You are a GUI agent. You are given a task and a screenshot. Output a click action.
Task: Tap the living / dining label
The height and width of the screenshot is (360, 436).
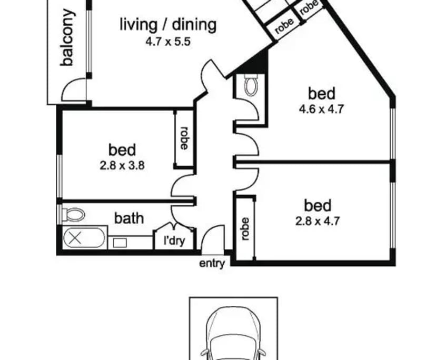tap(168, 24)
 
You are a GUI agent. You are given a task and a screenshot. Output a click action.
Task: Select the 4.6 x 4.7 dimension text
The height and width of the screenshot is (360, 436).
tap(322, 110)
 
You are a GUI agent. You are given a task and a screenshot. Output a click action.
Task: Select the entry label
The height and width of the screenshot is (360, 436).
tap(212, 264)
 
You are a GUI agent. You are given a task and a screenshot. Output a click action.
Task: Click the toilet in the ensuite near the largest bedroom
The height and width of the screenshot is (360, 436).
tap(251, 84)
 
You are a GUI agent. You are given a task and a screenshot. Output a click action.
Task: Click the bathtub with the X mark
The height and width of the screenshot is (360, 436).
tap(85, 238)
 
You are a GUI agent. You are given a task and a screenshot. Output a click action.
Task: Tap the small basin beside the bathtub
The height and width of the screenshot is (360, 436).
tap(120, 243)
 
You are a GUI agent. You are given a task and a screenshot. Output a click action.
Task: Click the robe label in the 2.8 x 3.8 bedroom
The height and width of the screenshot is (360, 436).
tap(184, 138)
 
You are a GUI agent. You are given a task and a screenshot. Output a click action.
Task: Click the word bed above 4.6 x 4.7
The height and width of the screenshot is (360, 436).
tap(322, 94)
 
